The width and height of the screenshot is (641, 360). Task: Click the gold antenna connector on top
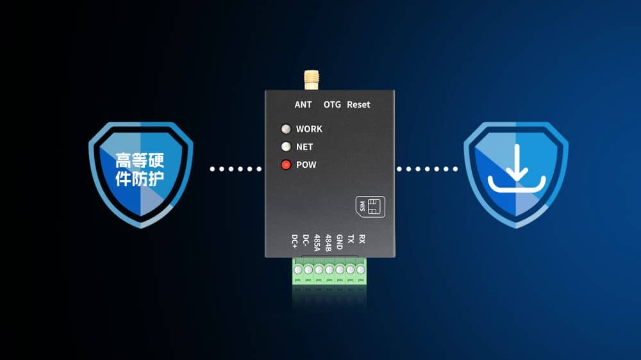point(311,79)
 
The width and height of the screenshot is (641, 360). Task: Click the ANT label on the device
point(303,104)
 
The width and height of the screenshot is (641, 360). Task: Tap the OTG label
point(332,104)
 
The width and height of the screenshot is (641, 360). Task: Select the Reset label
point(358,104)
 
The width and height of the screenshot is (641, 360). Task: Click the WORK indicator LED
point(286,129)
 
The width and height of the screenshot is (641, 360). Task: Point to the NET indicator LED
point(286,147)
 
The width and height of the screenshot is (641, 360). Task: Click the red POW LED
point(286,165)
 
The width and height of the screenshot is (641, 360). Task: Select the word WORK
point(309,129)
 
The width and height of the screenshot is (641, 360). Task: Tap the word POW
point(306,165)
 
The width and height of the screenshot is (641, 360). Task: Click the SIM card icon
point(370,206)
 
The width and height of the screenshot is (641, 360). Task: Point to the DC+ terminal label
point(295,241)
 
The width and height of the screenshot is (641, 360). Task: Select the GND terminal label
point(340,242)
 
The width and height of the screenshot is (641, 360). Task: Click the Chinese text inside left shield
point(139,169)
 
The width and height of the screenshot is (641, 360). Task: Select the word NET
point(304,147)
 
